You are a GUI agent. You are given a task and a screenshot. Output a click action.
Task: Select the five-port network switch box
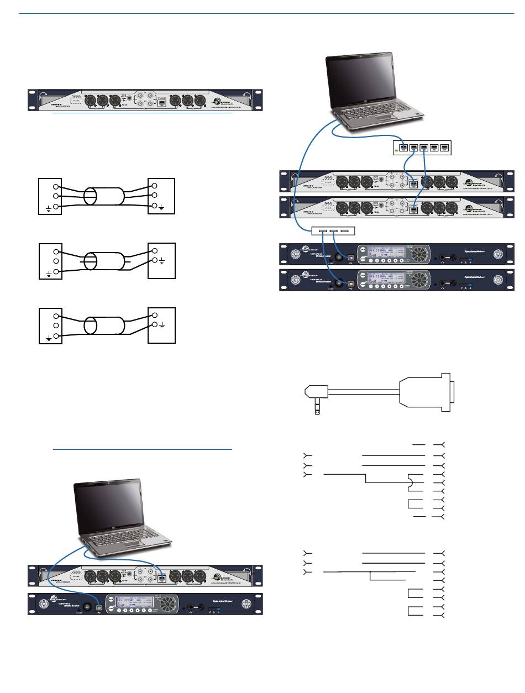(422, 148)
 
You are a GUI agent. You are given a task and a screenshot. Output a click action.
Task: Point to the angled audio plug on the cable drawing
(316, 397)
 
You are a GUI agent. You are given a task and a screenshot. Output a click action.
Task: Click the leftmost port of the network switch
(403, 148)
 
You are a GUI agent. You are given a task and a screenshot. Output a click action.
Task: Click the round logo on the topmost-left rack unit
(218, 101)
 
